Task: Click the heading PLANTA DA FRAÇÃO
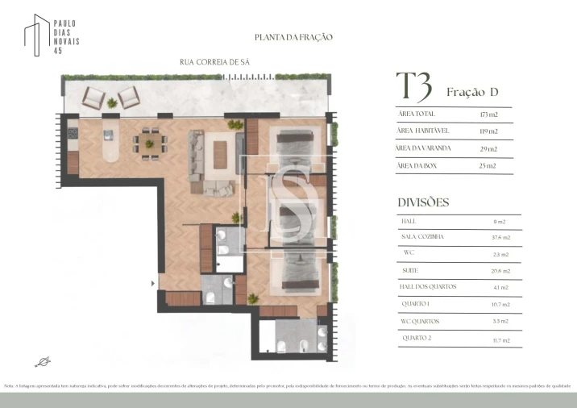(293, 37)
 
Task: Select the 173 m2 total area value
(488, 114)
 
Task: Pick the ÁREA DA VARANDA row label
(424, 148)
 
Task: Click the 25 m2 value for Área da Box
(488, 165)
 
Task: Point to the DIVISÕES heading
(423, 202)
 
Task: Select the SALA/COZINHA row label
(422, 237)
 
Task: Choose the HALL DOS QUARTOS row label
(429, 287)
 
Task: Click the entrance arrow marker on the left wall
(153, 283)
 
